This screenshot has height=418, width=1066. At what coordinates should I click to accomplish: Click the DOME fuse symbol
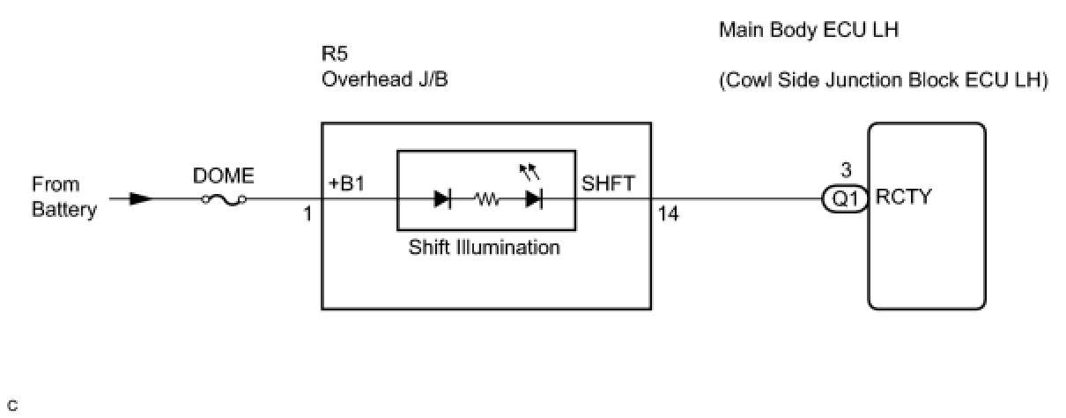[224, 199]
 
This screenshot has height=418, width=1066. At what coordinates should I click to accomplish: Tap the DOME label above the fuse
[223, 175]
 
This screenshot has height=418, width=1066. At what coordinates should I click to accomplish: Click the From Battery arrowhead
[141, 198]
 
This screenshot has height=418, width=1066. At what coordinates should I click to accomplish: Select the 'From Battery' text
[63, 197]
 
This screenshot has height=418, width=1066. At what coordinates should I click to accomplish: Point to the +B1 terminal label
[346, 183]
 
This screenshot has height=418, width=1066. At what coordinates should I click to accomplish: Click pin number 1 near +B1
[307, 214]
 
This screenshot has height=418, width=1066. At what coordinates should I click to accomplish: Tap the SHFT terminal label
[608, 183]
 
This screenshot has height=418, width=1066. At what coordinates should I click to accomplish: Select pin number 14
[668, 214]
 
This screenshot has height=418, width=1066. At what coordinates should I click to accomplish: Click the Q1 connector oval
[845, 198]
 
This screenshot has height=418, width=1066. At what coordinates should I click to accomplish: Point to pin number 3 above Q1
[846, 170]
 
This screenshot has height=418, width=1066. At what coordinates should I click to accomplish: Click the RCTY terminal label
[903, 197]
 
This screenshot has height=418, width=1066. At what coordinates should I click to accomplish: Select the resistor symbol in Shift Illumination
[487, 198]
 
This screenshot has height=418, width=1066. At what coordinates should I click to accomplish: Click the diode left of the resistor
[442, 198]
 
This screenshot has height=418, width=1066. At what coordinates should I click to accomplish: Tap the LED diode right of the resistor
[534, 198]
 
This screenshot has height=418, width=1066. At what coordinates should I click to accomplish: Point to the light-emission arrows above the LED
[529, 172]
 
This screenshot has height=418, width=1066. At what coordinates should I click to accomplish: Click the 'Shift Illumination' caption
[484, 248]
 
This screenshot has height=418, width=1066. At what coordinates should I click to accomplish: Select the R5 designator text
[335, 54]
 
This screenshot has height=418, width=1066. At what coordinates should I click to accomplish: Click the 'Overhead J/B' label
[384, 79]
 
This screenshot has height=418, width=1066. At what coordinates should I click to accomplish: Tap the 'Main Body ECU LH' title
[809, 30]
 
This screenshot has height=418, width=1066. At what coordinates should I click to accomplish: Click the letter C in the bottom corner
[13, 406]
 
